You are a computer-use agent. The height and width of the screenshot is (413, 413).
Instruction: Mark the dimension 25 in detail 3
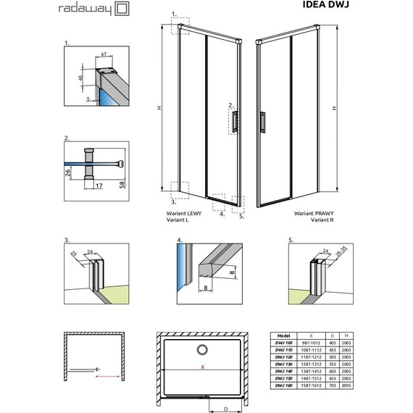[x=74, y=254]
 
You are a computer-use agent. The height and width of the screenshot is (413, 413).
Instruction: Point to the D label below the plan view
[x=225, y=409]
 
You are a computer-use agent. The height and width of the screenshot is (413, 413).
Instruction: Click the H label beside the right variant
[x=334, y=109]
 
